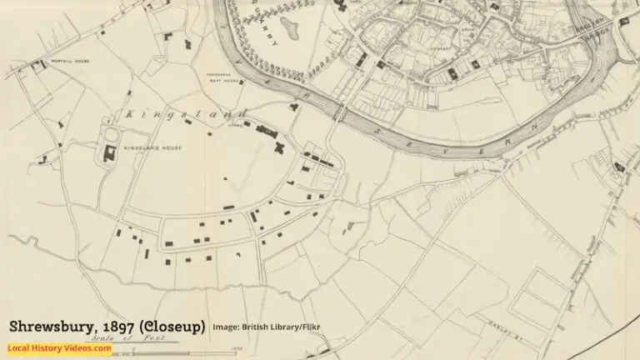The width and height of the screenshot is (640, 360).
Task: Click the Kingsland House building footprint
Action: [108, 152]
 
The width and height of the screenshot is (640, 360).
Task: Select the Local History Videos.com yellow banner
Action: [59, 347]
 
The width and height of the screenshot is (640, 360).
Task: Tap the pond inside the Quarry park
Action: [291, 28]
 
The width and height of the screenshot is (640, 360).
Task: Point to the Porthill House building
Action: [37, 65]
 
